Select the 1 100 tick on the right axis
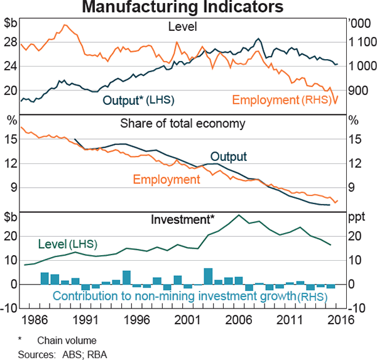pyautogui.click(x=359, y=41)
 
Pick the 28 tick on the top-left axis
pyautogui.click(x=11, y=41)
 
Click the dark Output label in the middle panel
pyautogui.click(x=228, y=156)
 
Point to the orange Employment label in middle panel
pyautogui.click(x=166, y=180)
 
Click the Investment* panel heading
pyautogui.click(x=183, y=220)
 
